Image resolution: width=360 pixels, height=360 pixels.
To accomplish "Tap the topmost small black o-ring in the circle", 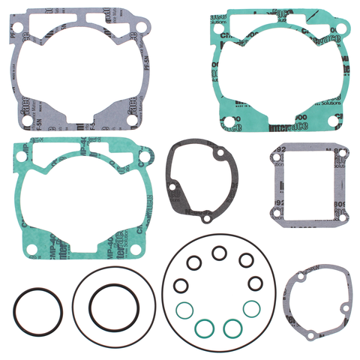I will click(219, 253).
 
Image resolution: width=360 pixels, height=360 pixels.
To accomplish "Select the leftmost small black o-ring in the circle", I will click(180, 284).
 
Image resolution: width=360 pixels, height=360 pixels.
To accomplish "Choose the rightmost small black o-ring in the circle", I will click(255, 284).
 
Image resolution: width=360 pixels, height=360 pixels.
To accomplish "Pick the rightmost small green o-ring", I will click(253, 307).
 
